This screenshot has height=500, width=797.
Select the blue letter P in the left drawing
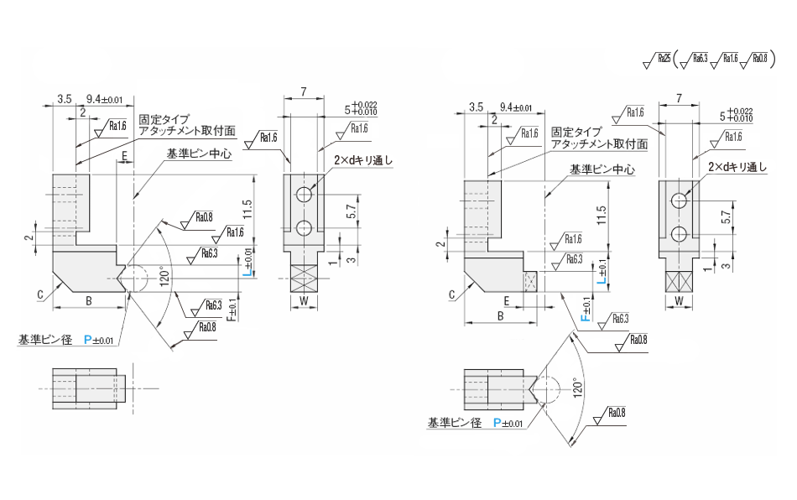(87, 340)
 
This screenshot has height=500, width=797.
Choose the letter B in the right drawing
(501, 316)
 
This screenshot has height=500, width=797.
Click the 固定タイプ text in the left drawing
(164, 119)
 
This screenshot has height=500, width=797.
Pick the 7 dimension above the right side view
(677, 98)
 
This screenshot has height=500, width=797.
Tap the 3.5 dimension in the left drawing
(64, 99)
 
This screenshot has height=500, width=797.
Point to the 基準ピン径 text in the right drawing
(454, 423)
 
